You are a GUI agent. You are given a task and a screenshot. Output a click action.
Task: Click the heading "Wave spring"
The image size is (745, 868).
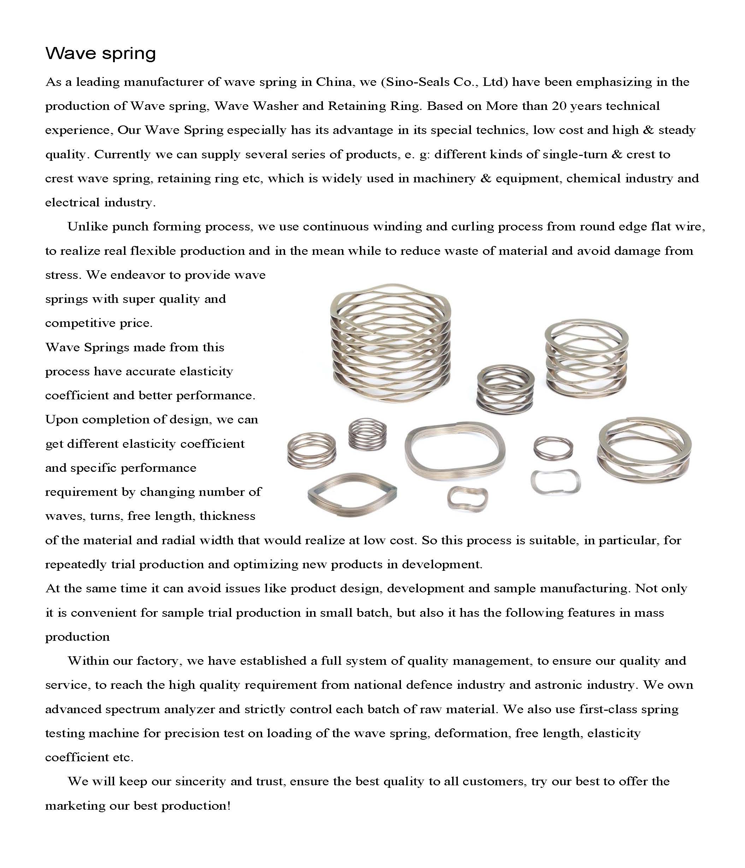[x=101, y=54]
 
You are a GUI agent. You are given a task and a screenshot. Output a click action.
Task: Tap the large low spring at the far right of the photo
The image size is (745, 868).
[x=644, y=452]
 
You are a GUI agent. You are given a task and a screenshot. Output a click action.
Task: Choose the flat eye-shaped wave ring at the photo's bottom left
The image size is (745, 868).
[x=352, y=494]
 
